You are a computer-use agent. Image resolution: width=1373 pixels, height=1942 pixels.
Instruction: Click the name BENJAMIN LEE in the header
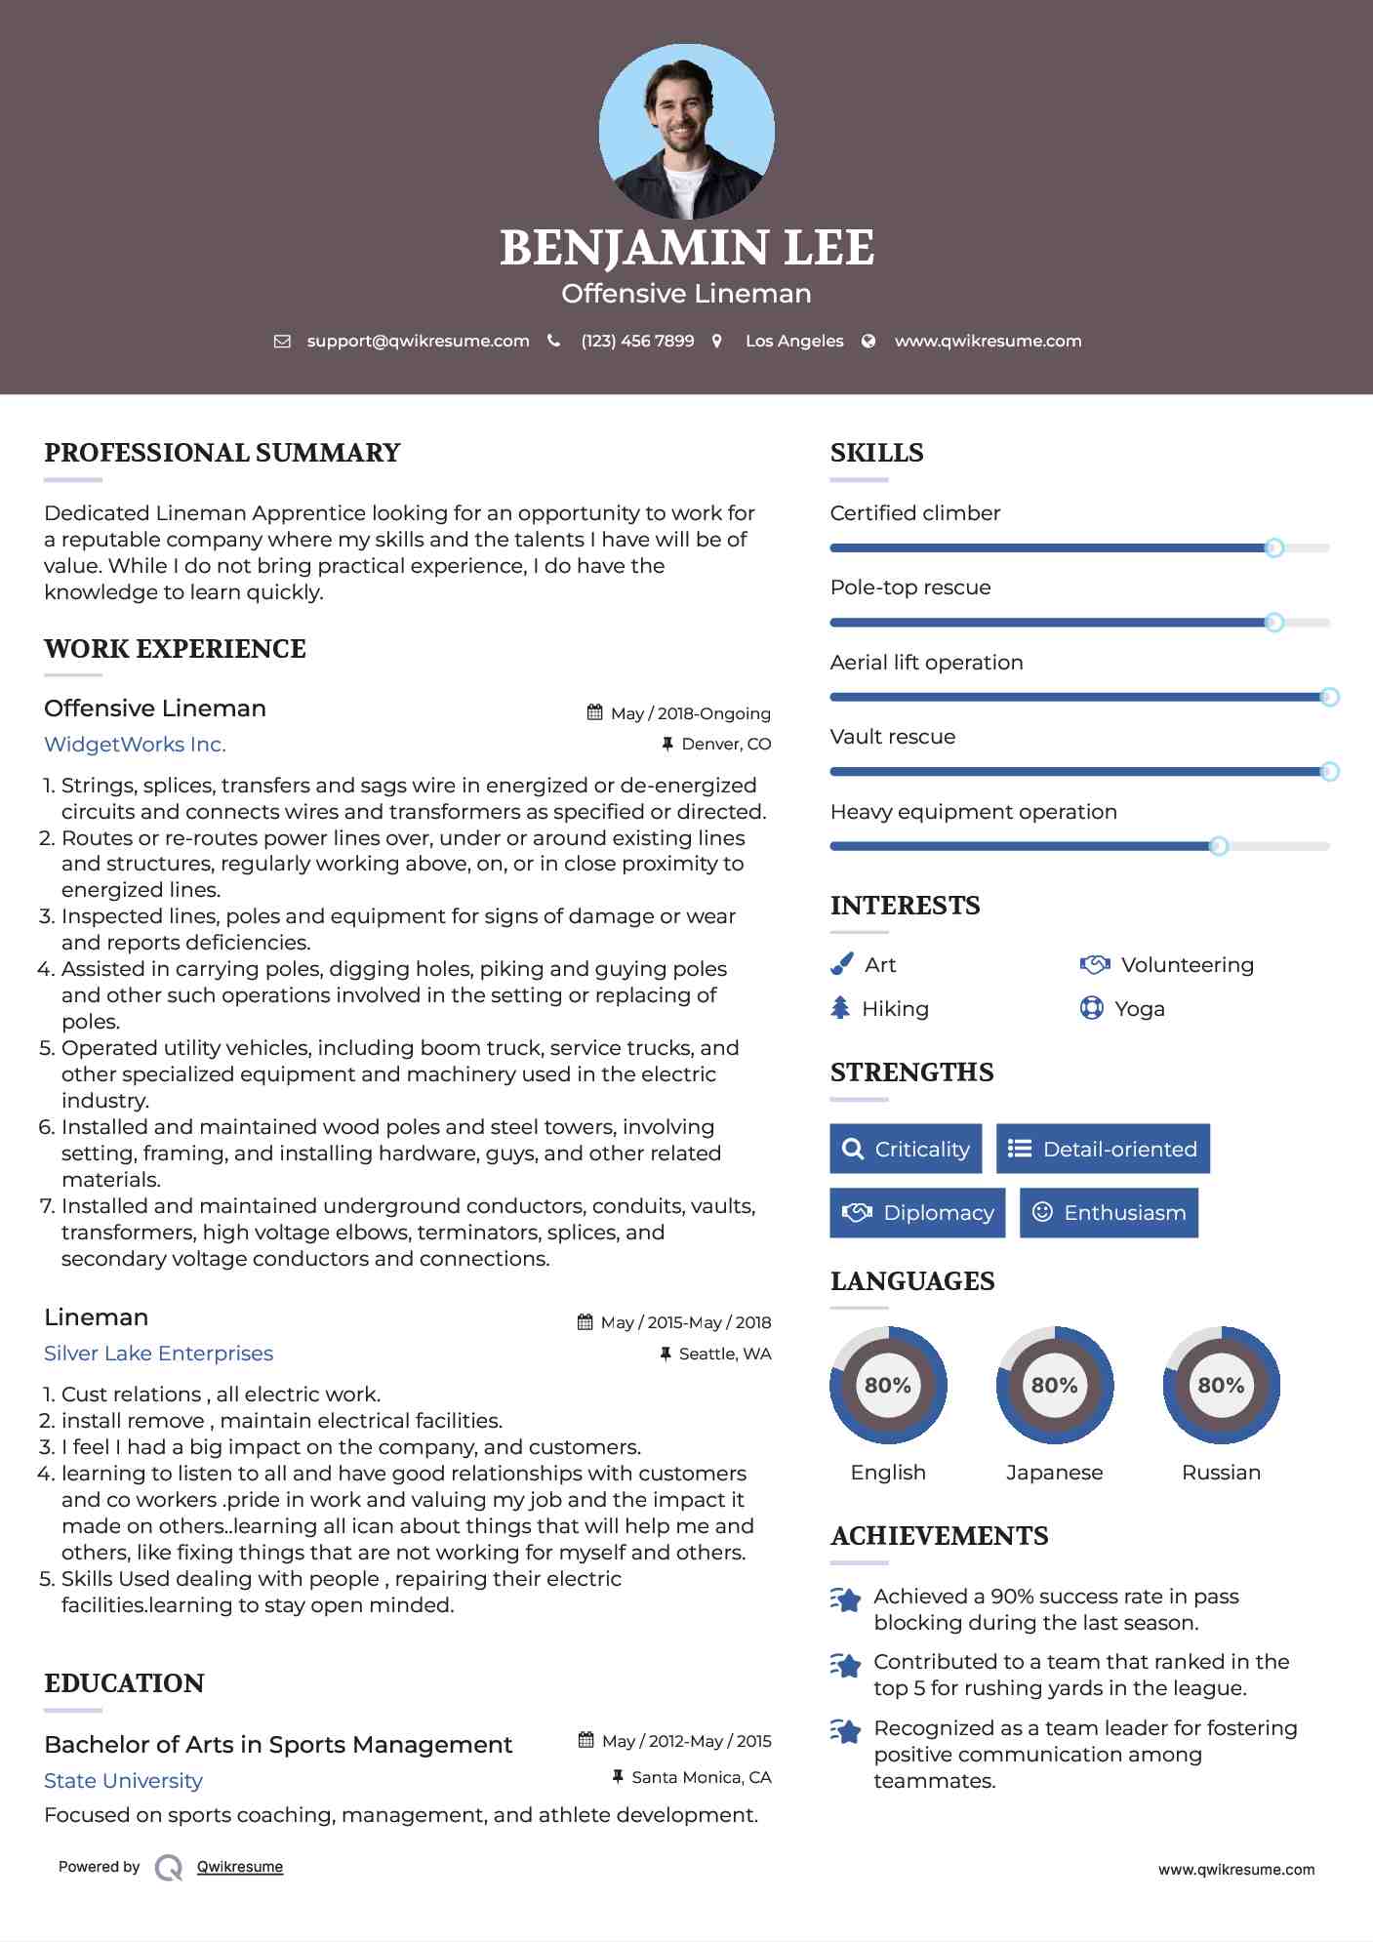click(686, 248)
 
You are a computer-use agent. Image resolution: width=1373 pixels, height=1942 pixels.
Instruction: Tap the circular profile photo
click(686, 132)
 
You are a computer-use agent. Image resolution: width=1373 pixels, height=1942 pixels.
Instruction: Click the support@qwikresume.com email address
click(418, 341)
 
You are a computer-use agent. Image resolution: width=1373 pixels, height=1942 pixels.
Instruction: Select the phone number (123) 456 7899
click(637, 341)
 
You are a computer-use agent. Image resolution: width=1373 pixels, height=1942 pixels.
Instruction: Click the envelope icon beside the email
click(282, 342)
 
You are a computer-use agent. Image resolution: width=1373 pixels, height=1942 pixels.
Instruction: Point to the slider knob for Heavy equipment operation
click(1218, 846)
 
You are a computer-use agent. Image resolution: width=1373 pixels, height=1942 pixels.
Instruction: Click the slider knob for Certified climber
click(1273, 547)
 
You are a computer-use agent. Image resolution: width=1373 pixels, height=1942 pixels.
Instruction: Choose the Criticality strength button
click(906, 1149)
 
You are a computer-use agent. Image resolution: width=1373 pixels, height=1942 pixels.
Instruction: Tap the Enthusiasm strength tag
click(1109, 1212)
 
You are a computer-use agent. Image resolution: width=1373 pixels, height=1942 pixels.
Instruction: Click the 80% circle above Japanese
click(1054, 1385)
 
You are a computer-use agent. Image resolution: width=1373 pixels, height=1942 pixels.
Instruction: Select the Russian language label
click(1221, 1472)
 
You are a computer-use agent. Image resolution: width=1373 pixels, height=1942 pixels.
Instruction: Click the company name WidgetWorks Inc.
click(135, 745)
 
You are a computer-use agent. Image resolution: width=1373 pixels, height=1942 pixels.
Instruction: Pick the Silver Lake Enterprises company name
click(158, 1354)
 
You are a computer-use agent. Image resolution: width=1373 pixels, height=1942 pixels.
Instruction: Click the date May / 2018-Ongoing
click(690, 713)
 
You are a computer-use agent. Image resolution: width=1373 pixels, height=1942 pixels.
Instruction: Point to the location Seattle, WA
click(724, 1354)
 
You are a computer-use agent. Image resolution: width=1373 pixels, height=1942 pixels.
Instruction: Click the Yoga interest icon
click(1091, 1008)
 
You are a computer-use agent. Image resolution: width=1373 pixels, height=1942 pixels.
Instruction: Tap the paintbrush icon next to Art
click(841, 964)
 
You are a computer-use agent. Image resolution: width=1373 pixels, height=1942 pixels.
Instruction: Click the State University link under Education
click(123, 1781)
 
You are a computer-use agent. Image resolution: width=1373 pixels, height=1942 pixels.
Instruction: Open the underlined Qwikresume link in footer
click(240, 1867)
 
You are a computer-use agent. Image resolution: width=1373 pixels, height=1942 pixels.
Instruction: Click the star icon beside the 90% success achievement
click(846, 1599)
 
